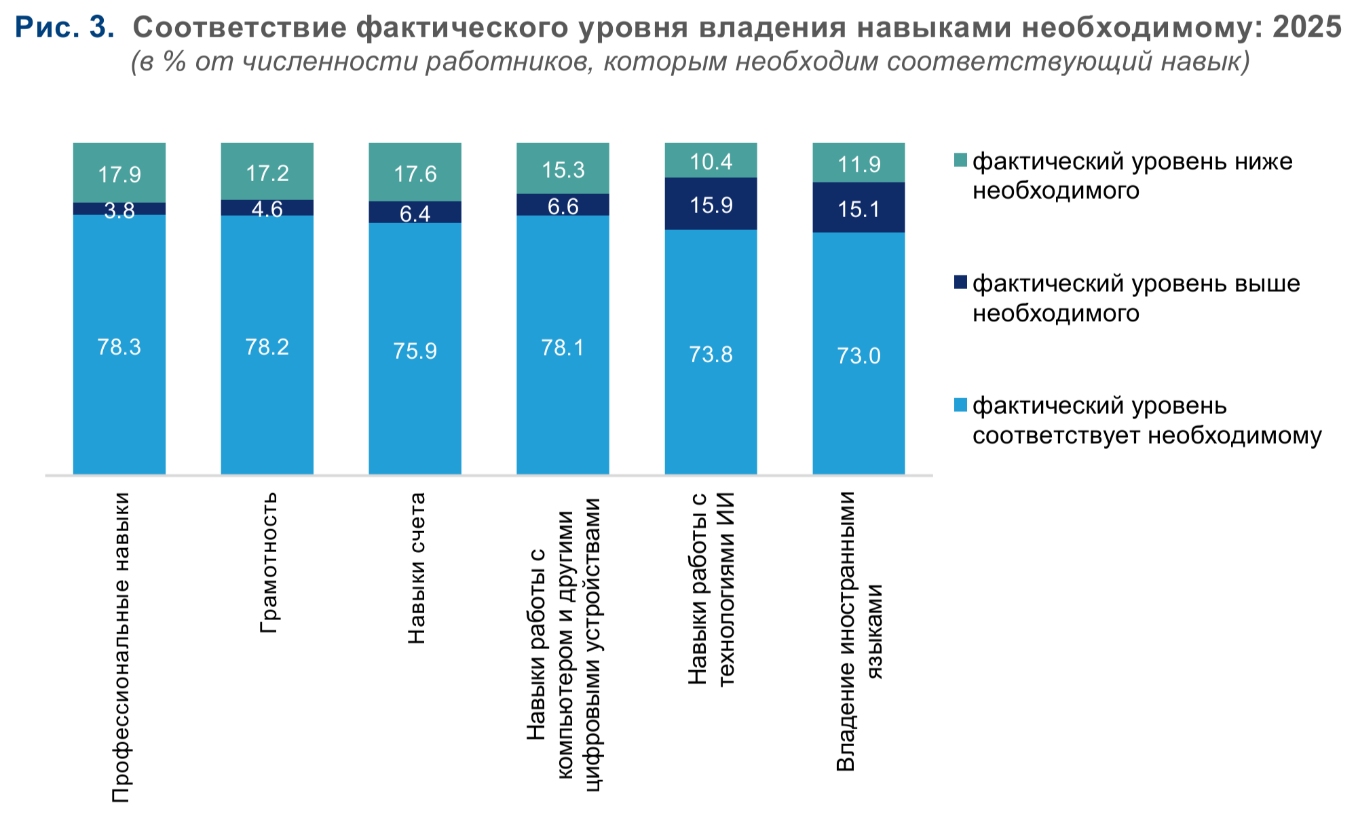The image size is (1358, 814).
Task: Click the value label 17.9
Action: click(x=119, y=175)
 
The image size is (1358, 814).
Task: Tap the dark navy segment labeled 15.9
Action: click(x=711, y=203)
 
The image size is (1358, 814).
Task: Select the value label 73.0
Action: click(x=859, y=355)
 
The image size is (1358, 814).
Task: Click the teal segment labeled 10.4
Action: click(x=711, y=161)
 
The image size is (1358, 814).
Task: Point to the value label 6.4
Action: click(x=415, y=214)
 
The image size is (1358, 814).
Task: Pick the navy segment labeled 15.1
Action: click(x=859, y=208)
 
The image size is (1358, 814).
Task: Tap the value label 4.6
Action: click(x=267, y=209)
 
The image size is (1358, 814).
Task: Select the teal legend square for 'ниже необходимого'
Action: click(x=960, y=161)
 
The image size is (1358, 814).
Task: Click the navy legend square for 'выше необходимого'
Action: click(x=960, y=282)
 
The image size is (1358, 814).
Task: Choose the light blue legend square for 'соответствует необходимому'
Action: click(x=960, y=405)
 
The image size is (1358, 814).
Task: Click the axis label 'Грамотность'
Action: click(x=269, y=563)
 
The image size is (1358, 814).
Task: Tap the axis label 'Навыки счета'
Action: click(x=416, y=568)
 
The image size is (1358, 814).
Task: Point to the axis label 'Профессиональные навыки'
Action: click(x=120, y=648)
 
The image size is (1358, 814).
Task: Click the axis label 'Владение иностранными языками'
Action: click(x=860, y=631)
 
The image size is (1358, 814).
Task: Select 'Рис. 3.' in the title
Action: click(x=64, y=27)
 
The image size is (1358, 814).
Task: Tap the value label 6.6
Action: click(x=563, y=206)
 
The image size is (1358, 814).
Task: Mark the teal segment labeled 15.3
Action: click(x=563, y=170)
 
